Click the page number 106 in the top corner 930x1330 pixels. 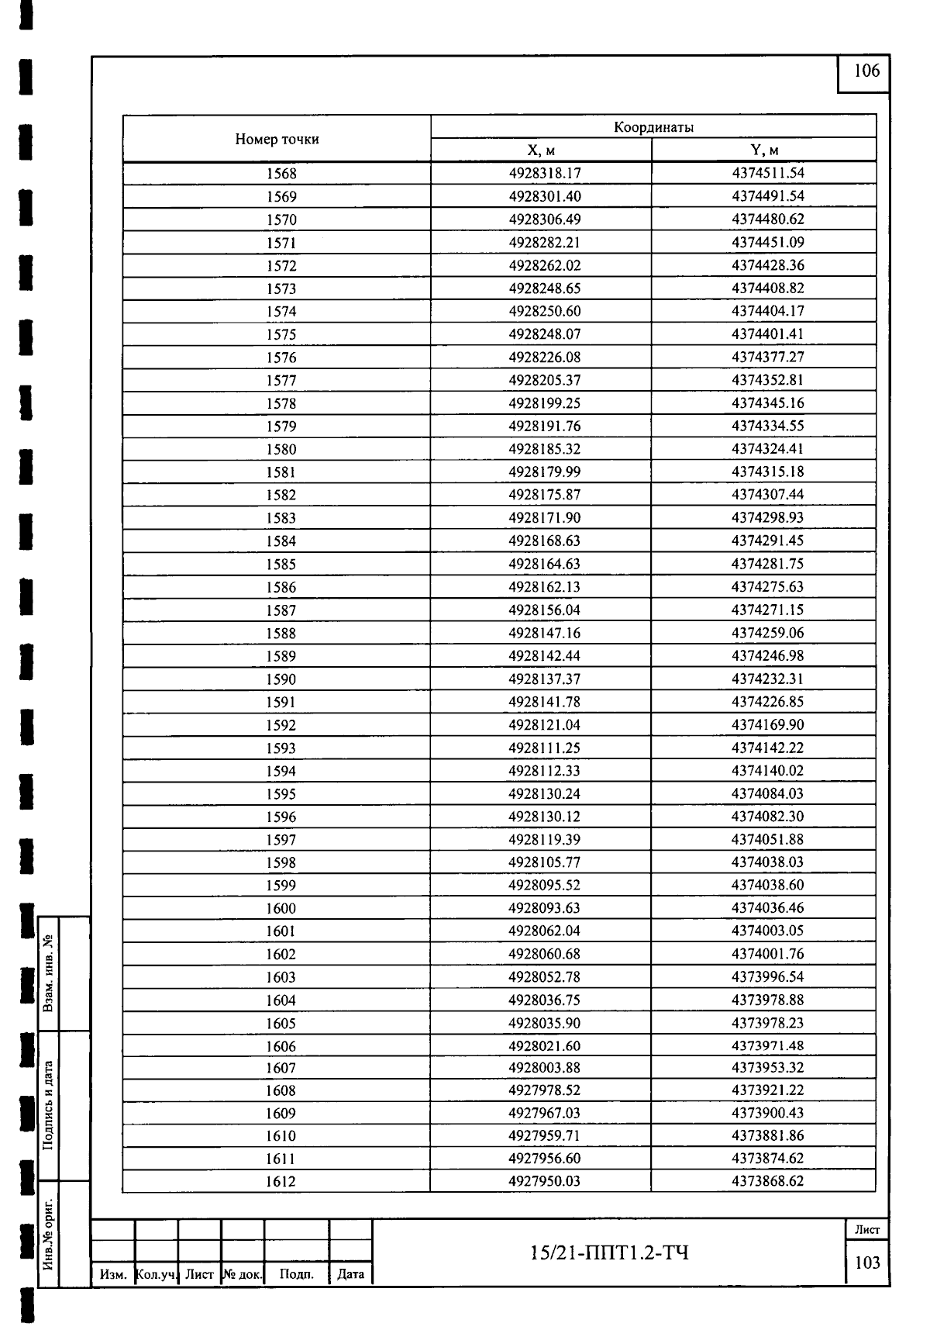tap(866, 71)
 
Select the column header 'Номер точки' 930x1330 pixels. tap(277, 140)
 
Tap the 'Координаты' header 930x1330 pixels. tap(653, 127)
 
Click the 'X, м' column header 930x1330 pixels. tap(541, 150)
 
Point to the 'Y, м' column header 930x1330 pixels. tap(764, 150)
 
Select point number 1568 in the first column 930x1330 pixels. tap(281, 174)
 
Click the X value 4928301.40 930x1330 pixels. tap(544, 196)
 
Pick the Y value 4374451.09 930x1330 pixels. tap(767, 242)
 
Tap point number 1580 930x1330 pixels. tap(281, 449)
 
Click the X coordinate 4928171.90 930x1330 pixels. tap(544, 517)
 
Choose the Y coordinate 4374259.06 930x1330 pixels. tap(767, 633)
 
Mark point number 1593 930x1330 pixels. tap(281, 748)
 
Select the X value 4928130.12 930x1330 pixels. tap(544, 817)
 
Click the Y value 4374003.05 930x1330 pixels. tap(767, 931)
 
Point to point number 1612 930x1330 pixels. tap(281, 1182)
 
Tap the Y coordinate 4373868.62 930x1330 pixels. tap(767, 1181)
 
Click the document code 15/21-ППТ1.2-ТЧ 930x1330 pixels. tap(609, 1252)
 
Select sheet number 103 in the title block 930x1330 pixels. tap(867, 1263)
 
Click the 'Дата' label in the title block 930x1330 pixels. tap(351, 1273)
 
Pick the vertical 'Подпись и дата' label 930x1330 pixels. tap(49, 1105)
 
